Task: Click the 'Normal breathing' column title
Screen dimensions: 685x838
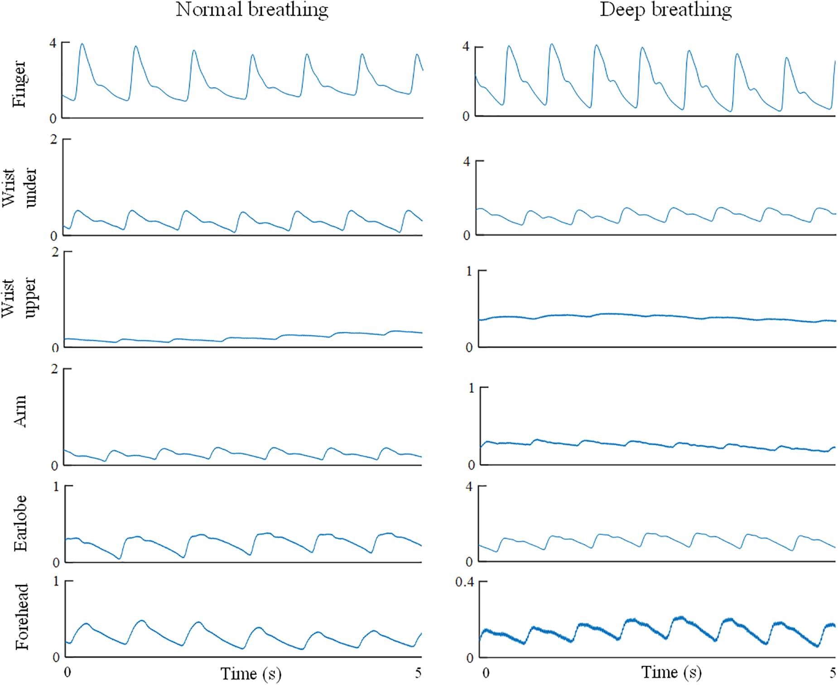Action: (252, 10)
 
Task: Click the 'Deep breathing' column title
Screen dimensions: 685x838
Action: (665, 10)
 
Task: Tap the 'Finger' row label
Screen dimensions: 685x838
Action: (19, 84)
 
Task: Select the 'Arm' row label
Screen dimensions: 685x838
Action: (20, 411)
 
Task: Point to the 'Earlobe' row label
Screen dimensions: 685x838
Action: (20, 523)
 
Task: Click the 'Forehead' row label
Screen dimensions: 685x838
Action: (21, 617)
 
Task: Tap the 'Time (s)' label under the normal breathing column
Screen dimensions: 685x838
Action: (250, 674)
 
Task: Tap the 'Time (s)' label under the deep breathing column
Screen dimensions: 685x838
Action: (671, 672)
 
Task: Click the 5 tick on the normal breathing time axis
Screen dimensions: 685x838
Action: (418, 672)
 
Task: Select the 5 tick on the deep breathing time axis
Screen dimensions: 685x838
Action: (833, 672)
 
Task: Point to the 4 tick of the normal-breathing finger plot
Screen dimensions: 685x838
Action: (53, 43)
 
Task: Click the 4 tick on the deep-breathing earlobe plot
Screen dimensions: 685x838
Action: (468, 487)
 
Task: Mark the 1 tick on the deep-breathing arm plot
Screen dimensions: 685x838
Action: (471, 388)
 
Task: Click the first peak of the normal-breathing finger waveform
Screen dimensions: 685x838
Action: (82, 44)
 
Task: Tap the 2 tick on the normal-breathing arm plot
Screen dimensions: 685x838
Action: (54, 369)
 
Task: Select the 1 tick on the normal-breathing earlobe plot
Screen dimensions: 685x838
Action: (56, 487)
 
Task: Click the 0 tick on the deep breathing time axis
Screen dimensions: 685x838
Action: (486, 672)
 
